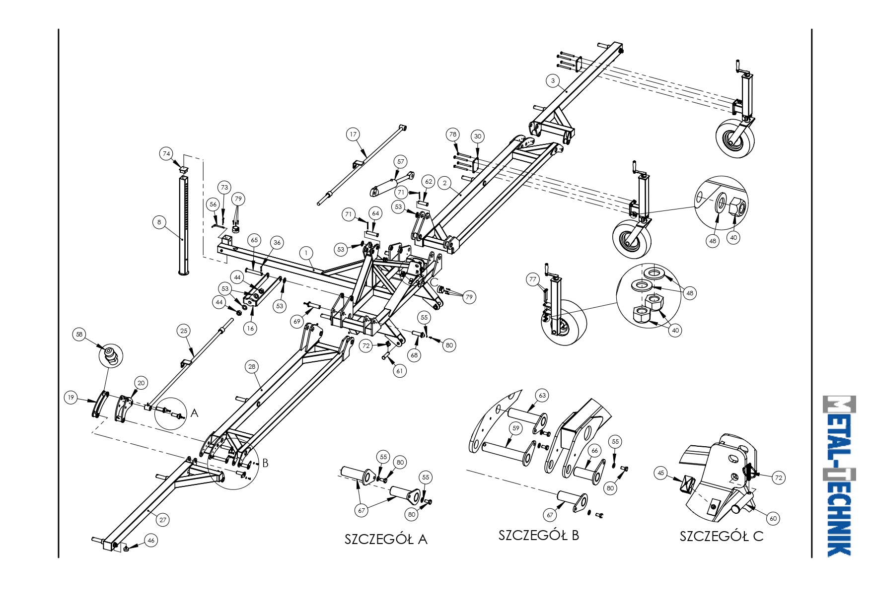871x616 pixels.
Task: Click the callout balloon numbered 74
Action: [x=166, y=154]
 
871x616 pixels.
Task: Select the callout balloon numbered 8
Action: [x=159, y=222]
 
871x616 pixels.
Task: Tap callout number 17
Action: [x=353, y=135]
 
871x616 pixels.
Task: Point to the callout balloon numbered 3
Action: [x=553, y=81]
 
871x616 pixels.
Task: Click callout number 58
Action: [x=79, y=335]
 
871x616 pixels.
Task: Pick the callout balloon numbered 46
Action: [x=151, y=541]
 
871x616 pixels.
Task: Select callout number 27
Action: [x=163, y=520]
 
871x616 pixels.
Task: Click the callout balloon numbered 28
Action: [x=252, y=367]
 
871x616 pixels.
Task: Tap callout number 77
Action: [x=533, y=279]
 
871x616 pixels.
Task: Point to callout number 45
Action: [x=660, y=473]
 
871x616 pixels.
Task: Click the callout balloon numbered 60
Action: [x=773, y=519]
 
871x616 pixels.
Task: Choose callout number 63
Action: [x=542, y=396]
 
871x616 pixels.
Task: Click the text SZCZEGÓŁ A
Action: [x=386, y=540]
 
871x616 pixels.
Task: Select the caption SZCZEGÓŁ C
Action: [x=721, y=537]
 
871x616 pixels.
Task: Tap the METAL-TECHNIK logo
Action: [x=839, y=476]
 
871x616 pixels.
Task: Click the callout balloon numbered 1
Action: [x=307, y=253]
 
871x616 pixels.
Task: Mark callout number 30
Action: [x=478, y=137]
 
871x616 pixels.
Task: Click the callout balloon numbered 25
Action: [x=184, y=331]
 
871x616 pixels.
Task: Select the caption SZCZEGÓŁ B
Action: [x=539, y=536]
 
